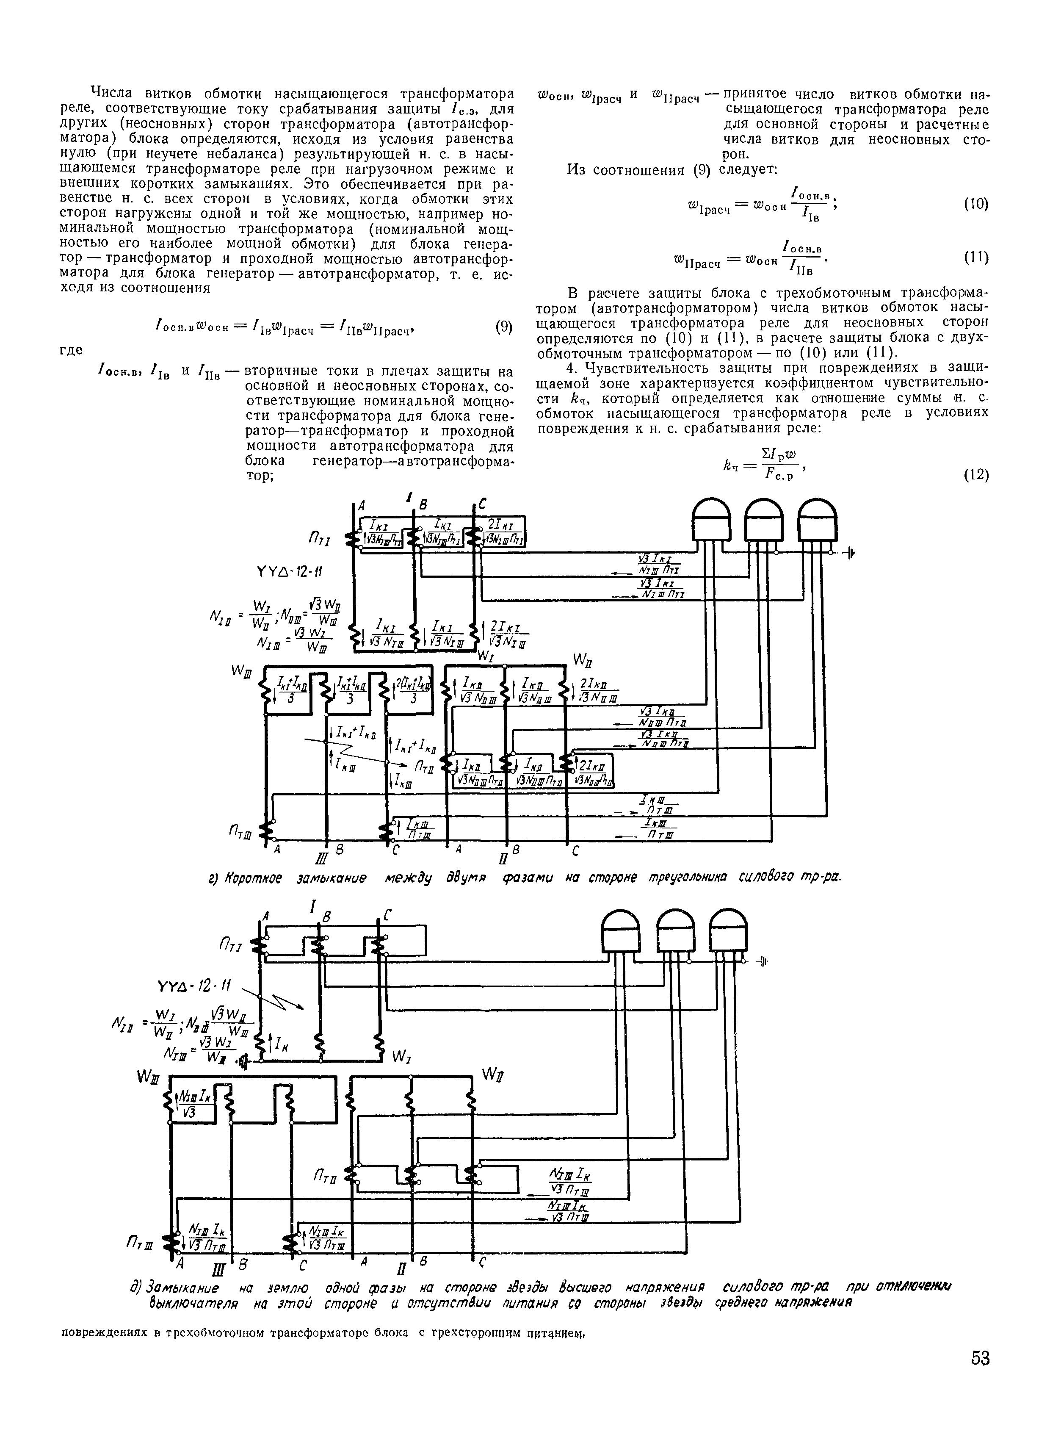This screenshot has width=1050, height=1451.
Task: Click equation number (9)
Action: [x=504, y=327]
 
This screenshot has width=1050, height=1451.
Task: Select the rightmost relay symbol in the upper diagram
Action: [x=817, y=519]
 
